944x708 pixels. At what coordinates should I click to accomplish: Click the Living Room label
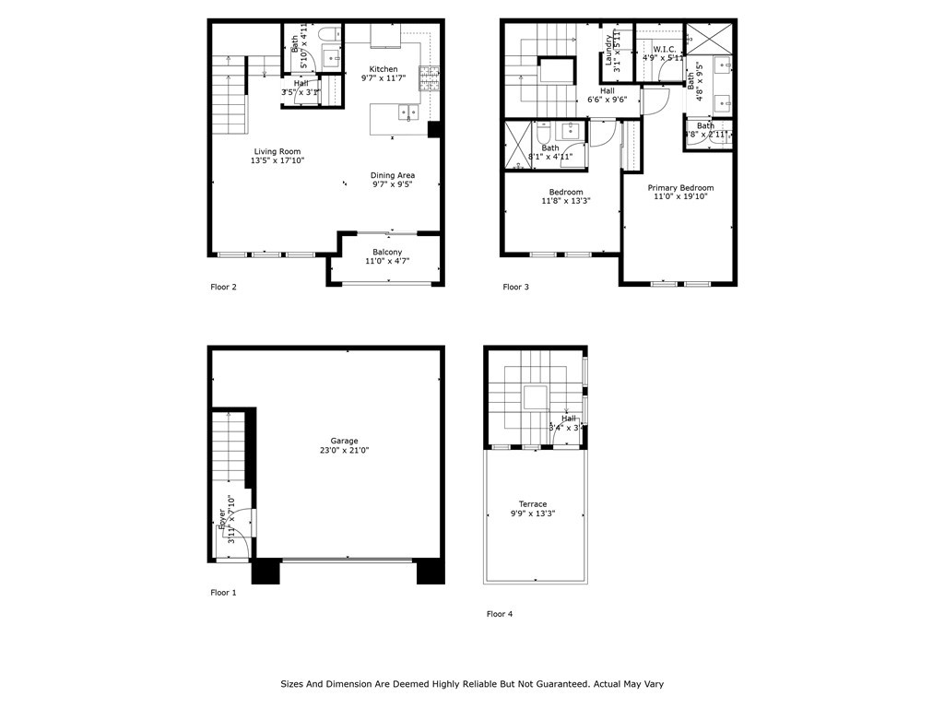click(277, 151)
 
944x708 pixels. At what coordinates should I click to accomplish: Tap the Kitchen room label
click(383, 69)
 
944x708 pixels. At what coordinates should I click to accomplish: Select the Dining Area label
click(392, 175)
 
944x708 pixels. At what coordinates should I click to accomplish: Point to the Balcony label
click(386, 252)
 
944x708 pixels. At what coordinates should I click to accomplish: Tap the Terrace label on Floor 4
click(532, 504)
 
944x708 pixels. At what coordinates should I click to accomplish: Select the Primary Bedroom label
click(680, 187)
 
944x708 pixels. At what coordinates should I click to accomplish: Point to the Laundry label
click(609, 51)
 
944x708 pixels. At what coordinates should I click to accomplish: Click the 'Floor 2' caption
click(223, 287)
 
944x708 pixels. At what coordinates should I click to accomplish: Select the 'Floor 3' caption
click(515, 287)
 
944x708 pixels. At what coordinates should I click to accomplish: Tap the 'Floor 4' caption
click(500, 613)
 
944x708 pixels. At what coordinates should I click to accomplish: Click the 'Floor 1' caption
click(223, 593)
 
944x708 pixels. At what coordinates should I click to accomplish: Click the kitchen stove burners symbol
click(429, 79)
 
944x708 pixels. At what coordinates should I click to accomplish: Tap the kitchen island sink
click(407, 113)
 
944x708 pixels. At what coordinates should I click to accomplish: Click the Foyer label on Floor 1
click(221, 519)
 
